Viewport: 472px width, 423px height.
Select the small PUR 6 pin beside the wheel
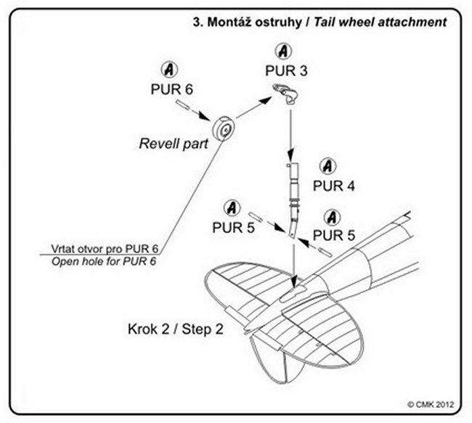[x=187, y=108]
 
